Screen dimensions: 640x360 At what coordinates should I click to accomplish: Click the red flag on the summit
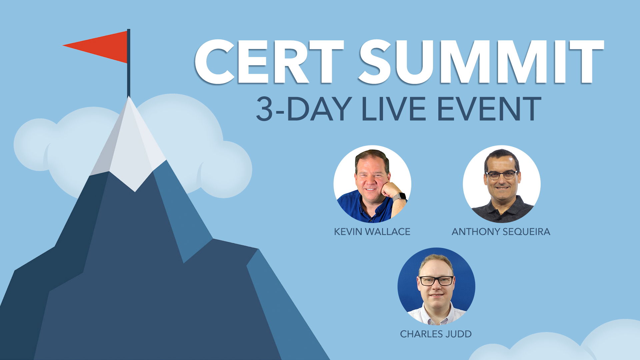(x=100, y=47)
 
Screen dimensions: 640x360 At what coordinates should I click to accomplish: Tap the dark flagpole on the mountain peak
(x=129, y=63)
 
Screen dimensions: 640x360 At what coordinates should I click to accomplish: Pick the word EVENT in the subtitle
(x=489, y=109)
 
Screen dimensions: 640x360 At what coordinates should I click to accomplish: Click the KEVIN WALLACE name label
(x=372, y=232)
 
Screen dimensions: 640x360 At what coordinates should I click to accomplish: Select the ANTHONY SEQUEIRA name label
(x=501, y=232)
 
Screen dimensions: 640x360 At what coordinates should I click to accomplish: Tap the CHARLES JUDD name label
(x=436, y=334)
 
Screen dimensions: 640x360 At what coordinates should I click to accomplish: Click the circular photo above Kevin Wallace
(x=372, y=184)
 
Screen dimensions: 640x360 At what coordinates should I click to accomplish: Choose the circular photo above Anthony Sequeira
(x=502, y=184)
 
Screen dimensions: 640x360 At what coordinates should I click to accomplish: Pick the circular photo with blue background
(x=436, y=286)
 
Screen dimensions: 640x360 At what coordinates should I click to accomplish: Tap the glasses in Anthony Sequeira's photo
(x=502, y=175)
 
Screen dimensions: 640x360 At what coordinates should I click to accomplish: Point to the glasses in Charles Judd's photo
(x=436, y=281)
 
